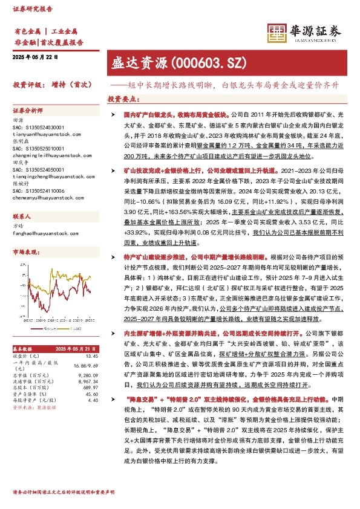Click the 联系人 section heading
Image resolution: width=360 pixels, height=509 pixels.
pos(23,216)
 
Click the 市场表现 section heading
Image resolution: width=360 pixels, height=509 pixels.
pos(27,251)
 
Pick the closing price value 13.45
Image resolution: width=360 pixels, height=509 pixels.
pos(91,357)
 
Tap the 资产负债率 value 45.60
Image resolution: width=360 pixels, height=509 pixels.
pos(92,394)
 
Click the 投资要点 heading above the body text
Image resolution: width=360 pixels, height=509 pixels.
pos(123,99)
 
